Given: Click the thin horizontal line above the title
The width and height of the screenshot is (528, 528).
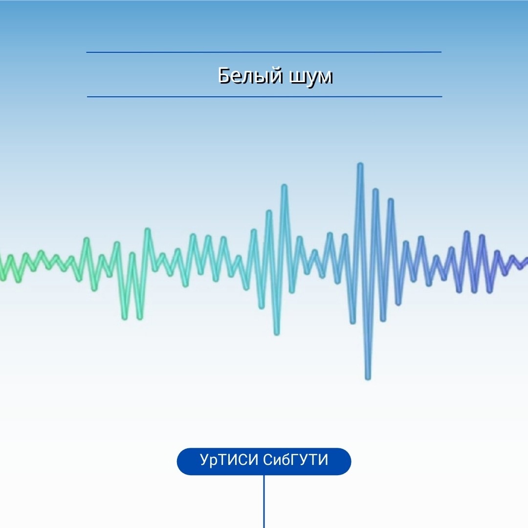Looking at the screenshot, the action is [264, 52].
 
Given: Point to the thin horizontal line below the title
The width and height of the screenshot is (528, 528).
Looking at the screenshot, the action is [264, 97].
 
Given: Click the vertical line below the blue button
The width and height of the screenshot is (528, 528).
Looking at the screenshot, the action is [264, 502].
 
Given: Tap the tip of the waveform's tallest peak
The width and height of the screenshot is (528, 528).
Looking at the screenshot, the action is [360, 165].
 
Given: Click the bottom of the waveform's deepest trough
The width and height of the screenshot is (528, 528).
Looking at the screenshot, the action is [368, 378].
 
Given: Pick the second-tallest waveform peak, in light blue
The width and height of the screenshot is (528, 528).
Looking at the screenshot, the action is [284, 186].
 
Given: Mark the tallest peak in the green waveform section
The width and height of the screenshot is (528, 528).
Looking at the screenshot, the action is [147, 230].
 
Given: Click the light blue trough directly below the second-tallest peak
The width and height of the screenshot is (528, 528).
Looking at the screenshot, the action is [276, 333].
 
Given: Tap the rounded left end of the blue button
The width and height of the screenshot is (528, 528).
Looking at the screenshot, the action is [182, 462].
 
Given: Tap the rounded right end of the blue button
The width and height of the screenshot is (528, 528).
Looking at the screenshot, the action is [346, 462].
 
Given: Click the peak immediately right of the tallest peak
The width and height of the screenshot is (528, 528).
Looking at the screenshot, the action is [375, 191].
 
